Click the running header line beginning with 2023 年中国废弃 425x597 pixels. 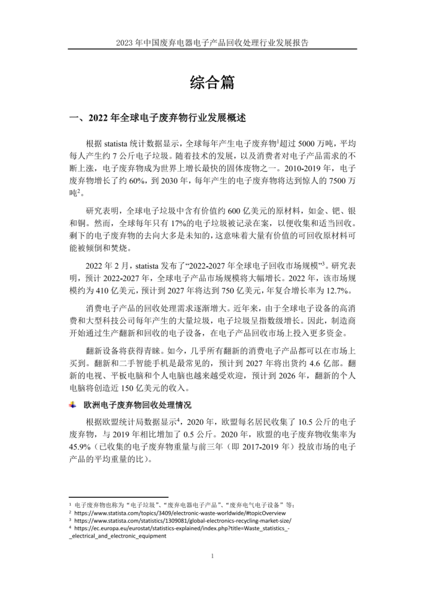(212, 43)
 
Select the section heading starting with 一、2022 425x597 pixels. (158, 118)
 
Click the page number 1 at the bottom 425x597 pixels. (213, 556)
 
